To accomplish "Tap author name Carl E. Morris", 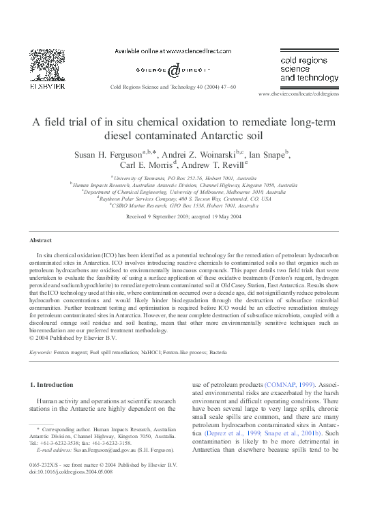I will [148, 166].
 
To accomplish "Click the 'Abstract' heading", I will [40, 241].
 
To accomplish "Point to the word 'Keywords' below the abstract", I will [42, 352].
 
